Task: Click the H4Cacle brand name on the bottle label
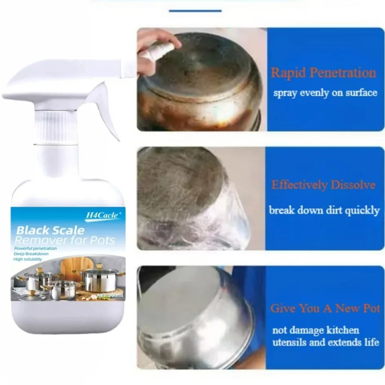[102, 214]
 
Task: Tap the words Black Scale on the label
[50, 230]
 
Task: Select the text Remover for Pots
[66, 240]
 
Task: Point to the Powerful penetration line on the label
[35, 248]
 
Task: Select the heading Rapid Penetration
[323, 73]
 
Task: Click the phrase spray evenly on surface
[325, 93]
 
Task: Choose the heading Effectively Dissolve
[323, 185]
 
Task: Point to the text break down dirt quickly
[324, 210]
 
